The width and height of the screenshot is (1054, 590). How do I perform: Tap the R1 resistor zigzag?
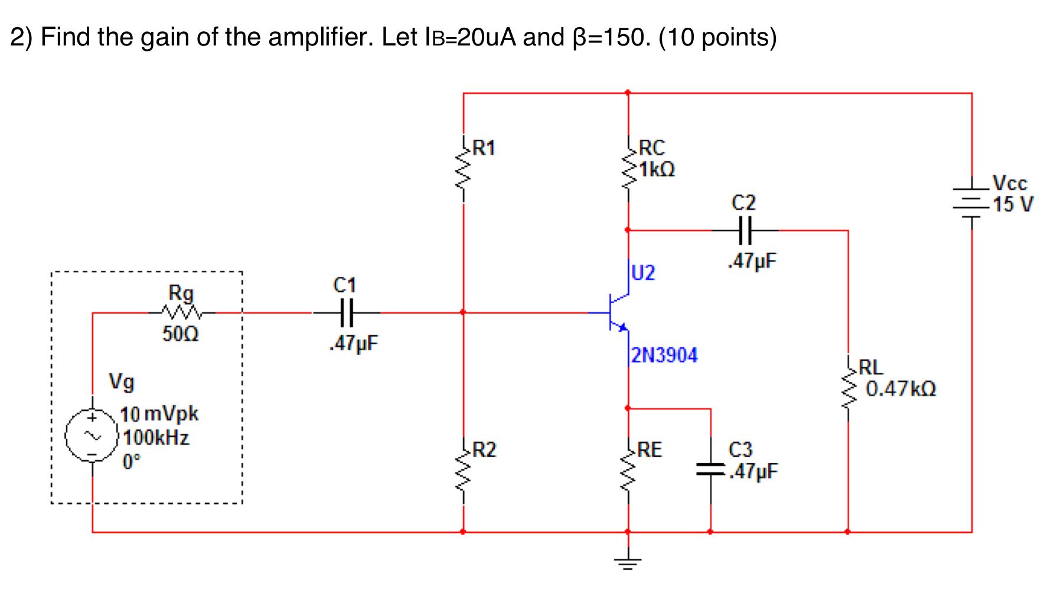point(463,171)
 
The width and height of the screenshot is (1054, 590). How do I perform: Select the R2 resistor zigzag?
point(463,472)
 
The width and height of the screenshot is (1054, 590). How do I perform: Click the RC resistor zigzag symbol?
point(628,171)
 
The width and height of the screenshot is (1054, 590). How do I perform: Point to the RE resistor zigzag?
point(628,472)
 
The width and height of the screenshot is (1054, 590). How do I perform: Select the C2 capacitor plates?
point(744,230)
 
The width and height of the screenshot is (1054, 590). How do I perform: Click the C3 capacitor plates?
point(710,471)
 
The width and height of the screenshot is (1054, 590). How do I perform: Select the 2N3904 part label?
point(664,356)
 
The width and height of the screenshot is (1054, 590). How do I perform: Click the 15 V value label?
point(1013,204)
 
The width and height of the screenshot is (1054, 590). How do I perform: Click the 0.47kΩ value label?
point(901,389)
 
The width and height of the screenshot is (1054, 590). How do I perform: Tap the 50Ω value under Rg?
point(181,334)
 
